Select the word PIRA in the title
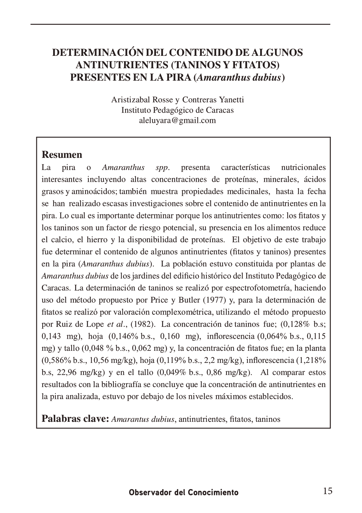tap(177, 77)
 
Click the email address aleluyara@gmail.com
tap(177, 120)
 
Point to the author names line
tap(177, 100)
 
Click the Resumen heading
tap(62, 154)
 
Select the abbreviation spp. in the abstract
tap(162, 168)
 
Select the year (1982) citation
tap(143, 324)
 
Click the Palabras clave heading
tap(75, 419)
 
